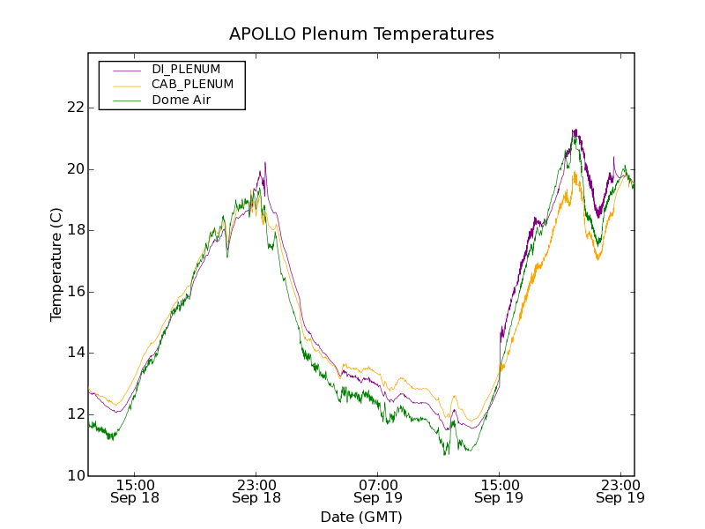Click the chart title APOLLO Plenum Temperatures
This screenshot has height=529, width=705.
361,34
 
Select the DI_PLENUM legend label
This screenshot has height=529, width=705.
186,69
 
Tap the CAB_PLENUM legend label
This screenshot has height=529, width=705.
192,85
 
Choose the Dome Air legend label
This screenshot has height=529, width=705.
182,101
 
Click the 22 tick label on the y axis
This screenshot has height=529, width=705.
74,108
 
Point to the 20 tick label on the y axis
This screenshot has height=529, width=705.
74,169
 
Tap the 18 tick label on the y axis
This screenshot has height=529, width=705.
74,230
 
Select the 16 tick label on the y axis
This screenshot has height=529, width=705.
74,292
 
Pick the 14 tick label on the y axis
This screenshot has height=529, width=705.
74,353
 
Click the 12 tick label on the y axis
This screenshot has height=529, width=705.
74,414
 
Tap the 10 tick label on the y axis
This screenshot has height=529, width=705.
74,476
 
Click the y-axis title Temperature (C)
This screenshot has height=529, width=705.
56,264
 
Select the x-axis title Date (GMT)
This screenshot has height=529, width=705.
361,517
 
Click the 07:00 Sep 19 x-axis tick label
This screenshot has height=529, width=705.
377,491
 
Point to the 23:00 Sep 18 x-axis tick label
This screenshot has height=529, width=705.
256,491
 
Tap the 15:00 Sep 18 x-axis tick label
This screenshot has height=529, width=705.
135,491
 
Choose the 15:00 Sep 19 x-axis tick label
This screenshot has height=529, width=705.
499,491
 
